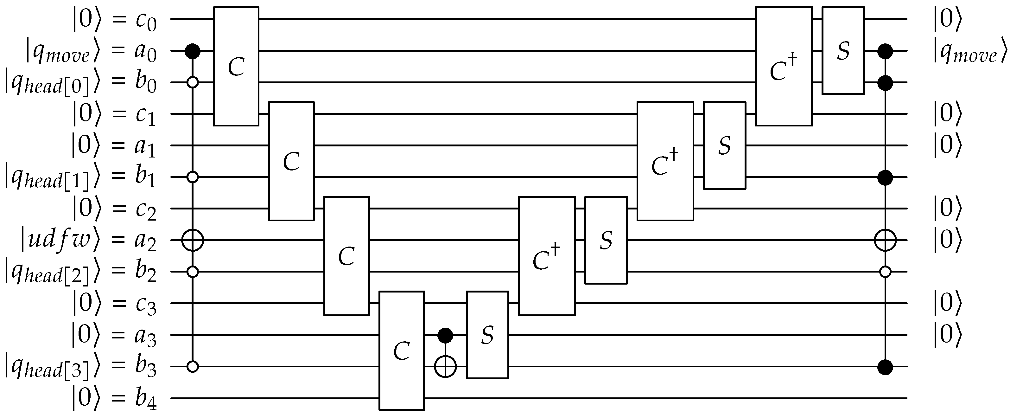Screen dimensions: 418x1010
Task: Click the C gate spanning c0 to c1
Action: pyautogui.click(x=236, y=66)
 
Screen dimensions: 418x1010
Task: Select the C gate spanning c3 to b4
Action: pyautogui.click(x=402, y=350)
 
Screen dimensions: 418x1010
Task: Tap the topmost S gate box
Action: pyautogui.click(x=843, y=51)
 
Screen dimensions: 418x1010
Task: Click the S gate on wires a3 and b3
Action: pyautogui.click(x=487, y=335)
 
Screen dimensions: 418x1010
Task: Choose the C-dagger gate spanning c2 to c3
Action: pyautogui.click(x=547, y=256)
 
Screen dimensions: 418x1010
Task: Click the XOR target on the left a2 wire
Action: pyautogui.click(x=193, y=240)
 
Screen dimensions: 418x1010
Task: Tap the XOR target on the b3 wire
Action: pyautogui.click(x=445, y=367)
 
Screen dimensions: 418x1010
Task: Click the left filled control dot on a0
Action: pyautogui.click(x=193, y=51)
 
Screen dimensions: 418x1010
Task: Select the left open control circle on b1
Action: pyautogui.click(x=193, y=177)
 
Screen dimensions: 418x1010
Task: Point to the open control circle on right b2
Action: pyautogui.click(x=885, y=272)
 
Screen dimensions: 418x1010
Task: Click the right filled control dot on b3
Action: pyautogui.click(x=885, y=367)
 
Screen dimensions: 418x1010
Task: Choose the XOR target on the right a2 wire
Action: pyautogui.click(x=885, y=240)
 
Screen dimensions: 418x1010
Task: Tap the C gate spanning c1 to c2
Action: pyautogui.click(x=291, y=161)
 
